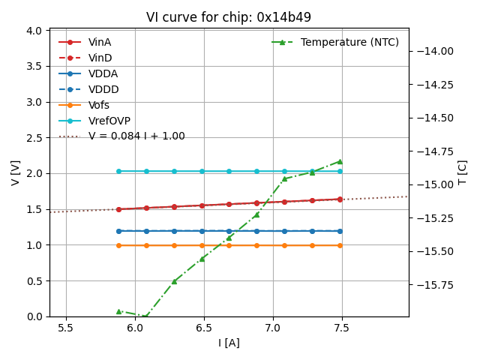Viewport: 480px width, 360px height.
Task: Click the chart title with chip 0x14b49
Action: pos(229,17)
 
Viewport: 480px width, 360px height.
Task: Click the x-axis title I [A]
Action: pos(229,343)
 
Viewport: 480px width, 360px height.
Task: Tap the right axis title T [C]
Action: pos(462,173)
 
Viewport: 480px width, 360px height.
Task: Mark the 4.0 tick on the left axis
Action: pos(35,31)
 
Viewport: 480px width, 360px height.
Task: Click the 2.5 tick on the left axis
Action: pos(35,138)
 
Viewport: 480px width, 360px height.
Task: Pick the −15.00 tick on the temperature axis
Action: pos(433,184)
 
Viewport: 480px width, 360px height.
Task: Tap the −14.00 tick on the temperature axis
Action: pos(433,51)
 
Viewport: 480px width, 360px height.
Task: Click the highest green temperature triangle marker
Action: pos(340,161)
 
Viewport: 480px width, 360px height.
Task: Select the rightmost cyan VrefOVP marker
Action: pos(340,171)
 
